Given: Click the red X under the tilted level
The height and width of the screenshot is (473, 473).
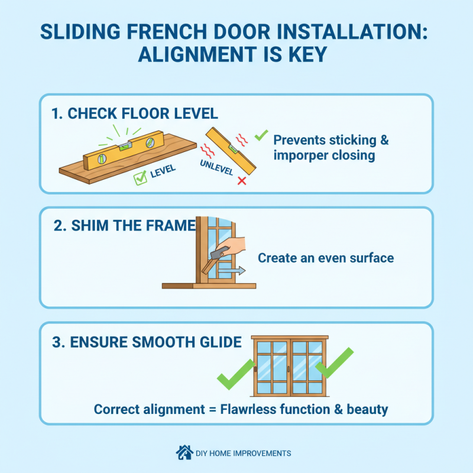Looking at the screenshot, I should click(241, 180).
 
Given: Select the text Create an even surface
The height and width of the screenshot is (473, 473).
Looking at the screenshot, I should click(326, 258).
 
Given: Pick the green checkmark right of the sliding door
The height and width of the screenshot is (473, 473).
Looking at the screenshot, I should click(334, 362).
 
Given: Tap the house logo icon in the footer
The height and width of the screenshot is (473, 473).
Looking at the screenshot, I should click(184, 453).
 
